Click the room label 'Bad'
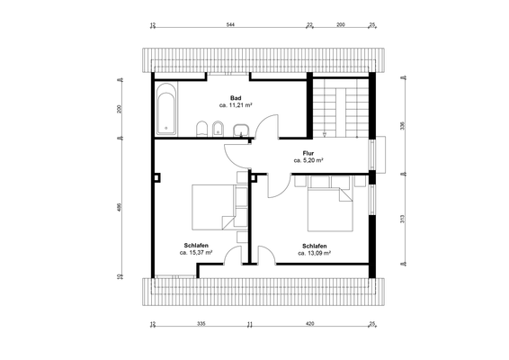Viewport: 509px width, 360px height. [236, 97]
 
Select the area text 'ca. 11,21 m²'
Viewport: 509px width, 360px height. [236, 105]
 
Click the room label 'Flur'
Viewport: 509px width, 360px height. [308, 152]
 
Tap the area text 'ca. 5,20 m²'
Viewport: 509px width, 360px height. [308, 160]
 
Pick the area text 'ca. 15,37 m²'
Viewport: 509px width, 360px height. [196, 254]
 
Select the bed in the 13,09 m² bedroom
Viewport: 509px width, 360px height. [329, 208]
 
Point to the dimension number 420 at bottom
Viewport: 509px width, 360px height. [309, 323]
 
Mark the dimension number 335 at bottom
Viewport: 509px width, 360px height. [201, 323]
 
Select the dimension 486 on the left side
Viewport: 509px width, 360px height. [119, 207]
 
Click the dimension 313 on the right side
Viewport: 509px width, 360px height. [402, 219]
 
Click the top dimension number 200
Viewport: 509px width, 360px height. [340, 26]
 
